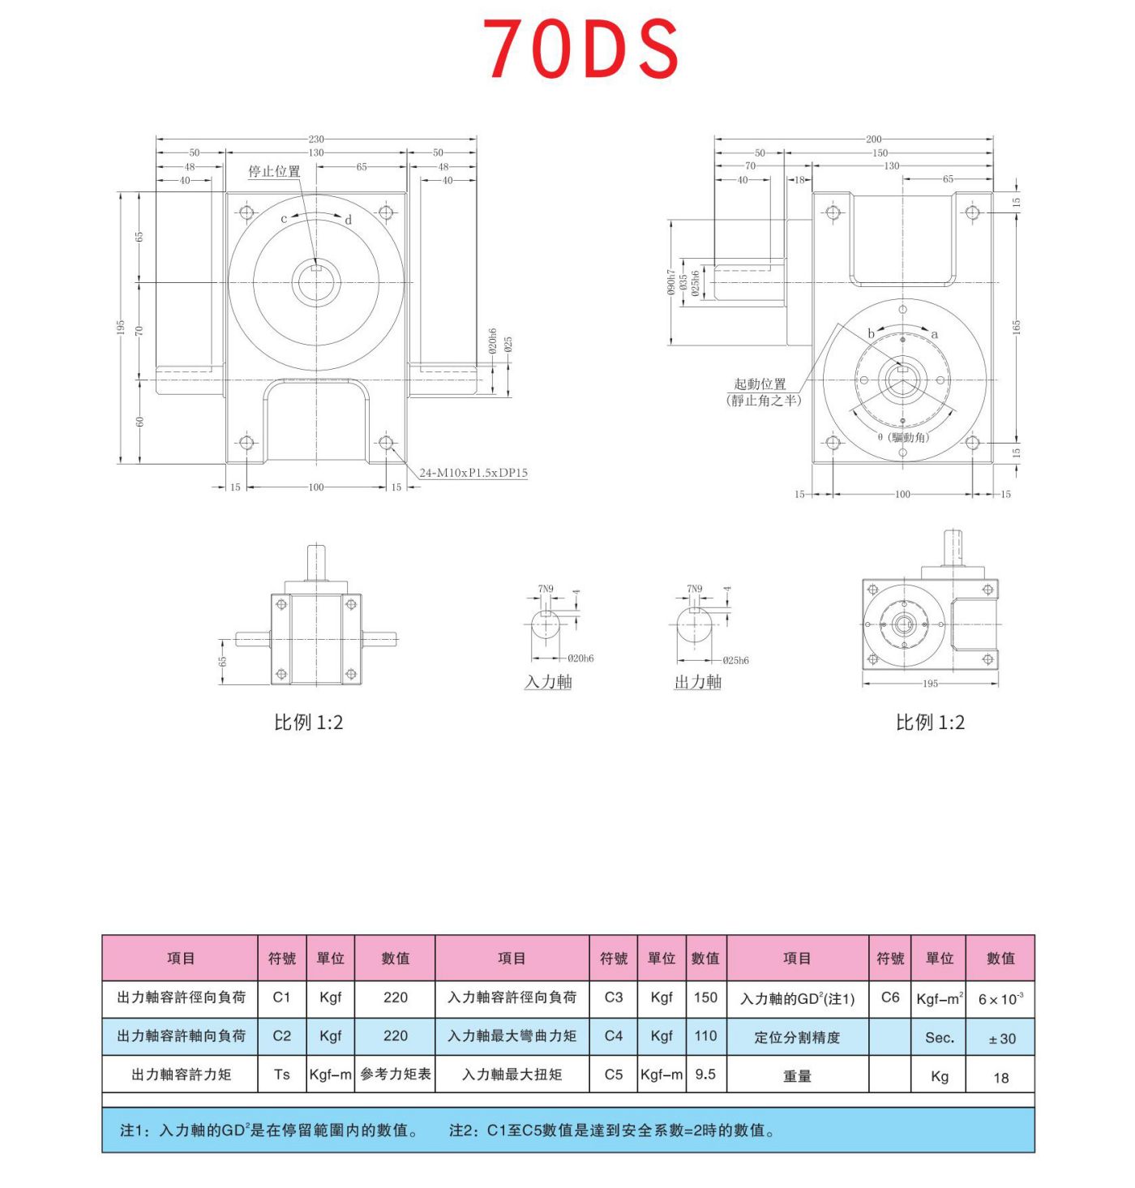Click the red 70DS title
[581, 49]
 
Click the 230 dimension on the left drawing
[316, 139]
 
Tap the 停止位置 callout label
[274, 171]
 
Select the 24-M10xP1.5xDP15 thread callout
[473, 473]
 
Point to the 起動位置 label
[760, 384]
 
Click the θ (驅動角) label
[903, 438]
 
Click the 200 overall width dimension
[873, 139]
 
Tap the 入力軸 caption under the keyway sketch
[548, 682]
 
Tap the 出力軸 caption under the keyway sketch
[697, 682]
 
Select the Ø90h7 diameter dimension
[671, 282]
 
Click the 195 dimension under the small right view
[930, 684]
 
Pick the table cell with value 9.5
[705, 1074]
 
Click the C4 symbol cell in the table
[614, 1036]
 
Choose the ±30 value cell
[1001, 1038]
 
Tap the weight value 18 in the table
[1001, 1077]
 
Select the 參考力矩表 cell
[396, 1074]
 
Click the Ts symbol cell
[281, 1074]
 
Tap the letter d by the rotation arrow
[349, 220]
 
